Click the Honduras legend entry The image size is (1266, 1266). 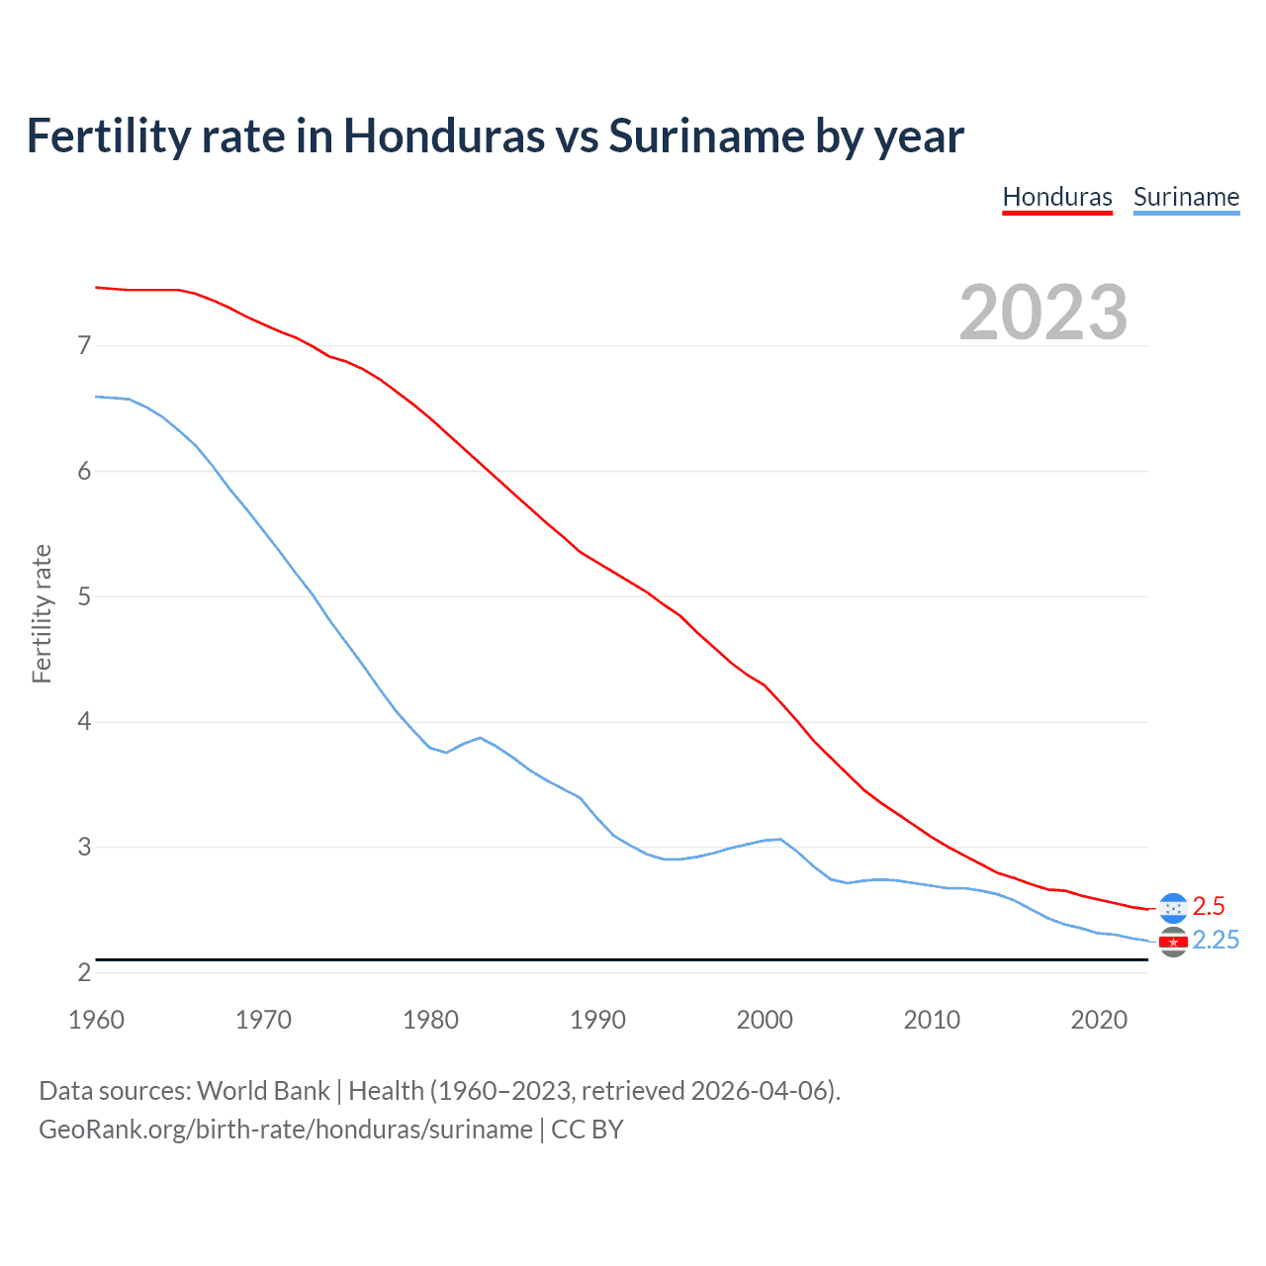pyautogui.click(x=1057, y=197)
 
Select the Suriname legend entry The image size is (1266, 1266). pyautogui.click(x=1186, y=197)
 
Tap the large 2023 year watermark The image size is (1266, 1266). pyautogui.click(x=1043, y=313)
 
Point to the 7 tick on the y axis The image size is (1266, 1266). pyautogui.click(x=84, y=345)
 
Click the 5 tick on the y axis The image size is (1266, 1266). pyautogui.click(x=84, y=596)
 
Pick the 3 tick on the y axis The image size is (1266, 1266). pyautogui.click(x=84, y=848)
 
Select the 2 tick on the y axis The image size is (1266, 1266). pyautogui.click(x=84, y=972)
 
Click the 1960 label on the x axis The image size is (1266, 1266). pyautogui.click(x=96, y=1020)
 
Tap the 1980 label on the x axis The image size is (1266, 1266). pyautogui.click(x=430, y=1020)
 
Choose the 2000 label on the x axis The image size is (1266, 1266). pyautogui.click(x=765, y=1020)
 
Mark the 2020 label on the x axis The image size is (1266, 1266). pyautogui.click(x=1099, y=1020)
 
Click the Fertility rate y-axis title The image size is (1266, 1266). pyautogui.click(x=42, y=613)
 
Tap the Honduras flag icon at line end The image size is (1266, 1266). pyautogui.click(x=1173, y=908)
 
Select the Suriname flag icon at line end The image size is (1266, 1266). pyautogui.click(x=1173, y=942)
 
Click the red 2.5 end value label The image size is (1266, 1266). pyautogui.click(x=1209, y=906)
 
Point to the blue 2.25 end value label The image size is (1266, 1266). pyautogui.click(x=1216, y=940)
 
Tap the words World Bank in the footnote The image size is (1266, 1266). pyautogui.click(x=263, y=1090)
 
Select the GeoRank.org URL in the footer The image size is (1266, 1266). pyautogui.click(x=285, y=1130)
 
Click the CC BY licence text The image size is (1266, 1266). pyautogui.click(x=588, y=1130)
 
